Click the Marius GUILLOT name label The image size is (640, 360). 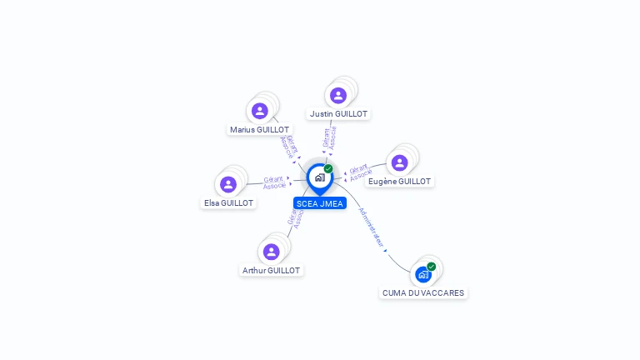pyautogui.click(x=260, y=130)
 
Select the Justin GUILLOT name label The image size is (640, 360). pyautogui.click(x=338, y=113)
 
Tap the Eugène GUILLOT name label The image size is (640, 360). pyautogui.click(x=400, y=182)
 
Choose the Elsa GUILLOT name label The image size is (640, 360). pyautogui.click(x=229, y=202)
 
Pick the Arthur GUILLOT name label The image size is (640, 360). pyautogui.click(x=271, y=271)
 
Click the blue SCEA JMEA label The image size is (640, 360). pyautogui.click(x=320, y=203)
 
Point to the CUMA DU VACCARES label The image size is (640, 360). pyautogui.click(x=423, y=293)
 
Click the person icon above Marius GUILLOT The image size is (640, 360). pyautogui.click(x=260, y=111)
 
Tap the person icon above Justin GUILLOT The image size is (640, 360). pyautogui.click(x=338, y=95)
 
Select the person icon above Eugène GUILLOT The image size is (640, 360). pyautogui.click(x=400, y=162)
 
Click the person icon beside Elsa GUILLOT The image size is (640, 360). pyautogui.click(x=228, y=184)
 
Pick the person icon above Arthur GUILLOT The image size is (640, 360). pyautogui.click(x=271, y=252)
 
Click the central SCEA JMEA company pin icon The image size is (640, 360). pyautogui.click(x=319, y=177)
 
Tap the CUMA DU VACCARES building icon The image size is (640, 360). pyautogui.click(x=423, y=274)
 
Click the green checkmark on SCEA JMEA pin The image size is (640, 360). pyautogui.click(x=328, y=169)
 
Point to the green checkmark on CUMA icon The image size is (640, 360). pyautogui.click(x=432, y=267)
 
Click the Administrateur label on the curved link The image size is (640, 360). pyautogui.click(x=372, y=227)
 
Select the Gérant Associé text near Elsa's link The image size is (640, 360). pyautogui.click(x=274, y=182)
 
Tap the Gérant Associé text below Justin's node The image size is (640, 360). pyautogui.click(x=329, y=137)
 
